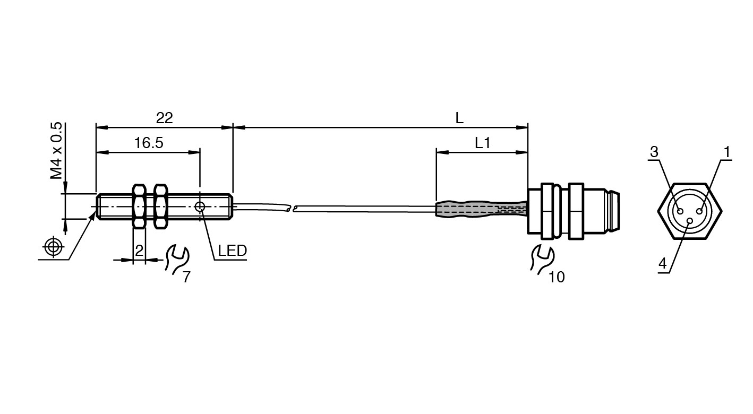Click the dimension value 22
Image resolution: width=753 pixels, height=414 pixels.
tap(165, 118)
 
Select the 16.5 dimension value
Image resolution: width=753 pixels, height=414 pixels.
tap(149, 143)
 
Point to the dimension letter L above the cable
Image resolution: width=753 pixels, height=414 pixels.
tap(459, 118)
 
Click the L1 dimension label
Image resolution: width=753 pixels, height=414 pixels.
tap(482, 143)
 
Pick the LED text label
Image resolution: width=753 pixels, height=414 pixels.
tap(232, 251)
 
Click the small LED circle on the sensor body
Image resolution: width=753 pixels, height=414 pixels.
tap(200, 206)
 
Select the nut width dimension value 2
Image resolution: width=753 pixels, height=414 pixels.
tap(139, 251)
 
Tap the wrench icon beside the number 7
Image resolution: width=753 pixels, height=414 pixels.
tap(177, 260)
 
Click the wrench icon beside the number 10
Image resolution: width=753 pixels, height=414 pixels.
tap(542, 260)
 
